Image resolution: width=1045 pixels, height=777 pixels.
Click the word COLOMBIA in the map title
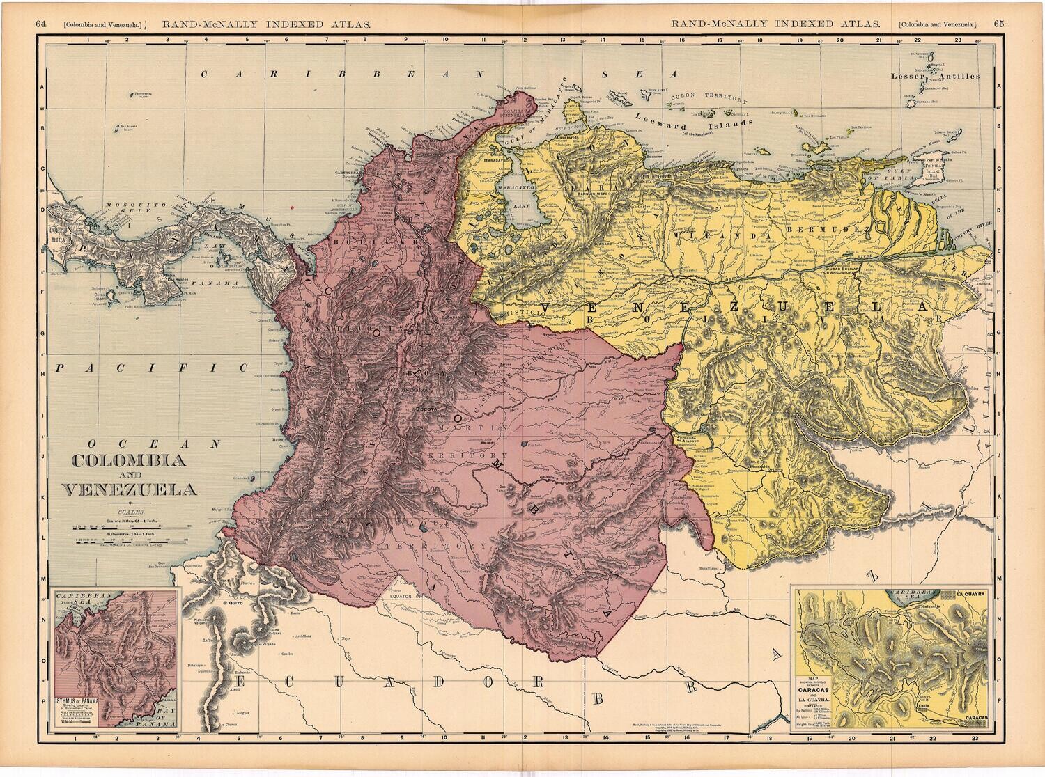128,461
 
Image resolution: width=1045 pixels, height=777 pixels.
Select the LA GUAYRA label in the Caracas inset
968,594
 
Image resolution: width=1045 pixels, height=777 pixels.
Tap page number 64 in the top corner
41,23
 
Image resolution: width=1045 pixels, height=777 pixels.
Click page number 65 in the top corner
999,23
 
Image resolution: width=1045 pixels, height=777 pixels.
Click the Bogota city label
424,409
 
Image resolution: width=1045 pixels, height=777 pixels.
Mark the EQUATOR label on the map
403,597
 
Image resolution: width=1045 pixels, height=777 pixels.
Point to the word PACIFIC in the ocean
153,367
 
